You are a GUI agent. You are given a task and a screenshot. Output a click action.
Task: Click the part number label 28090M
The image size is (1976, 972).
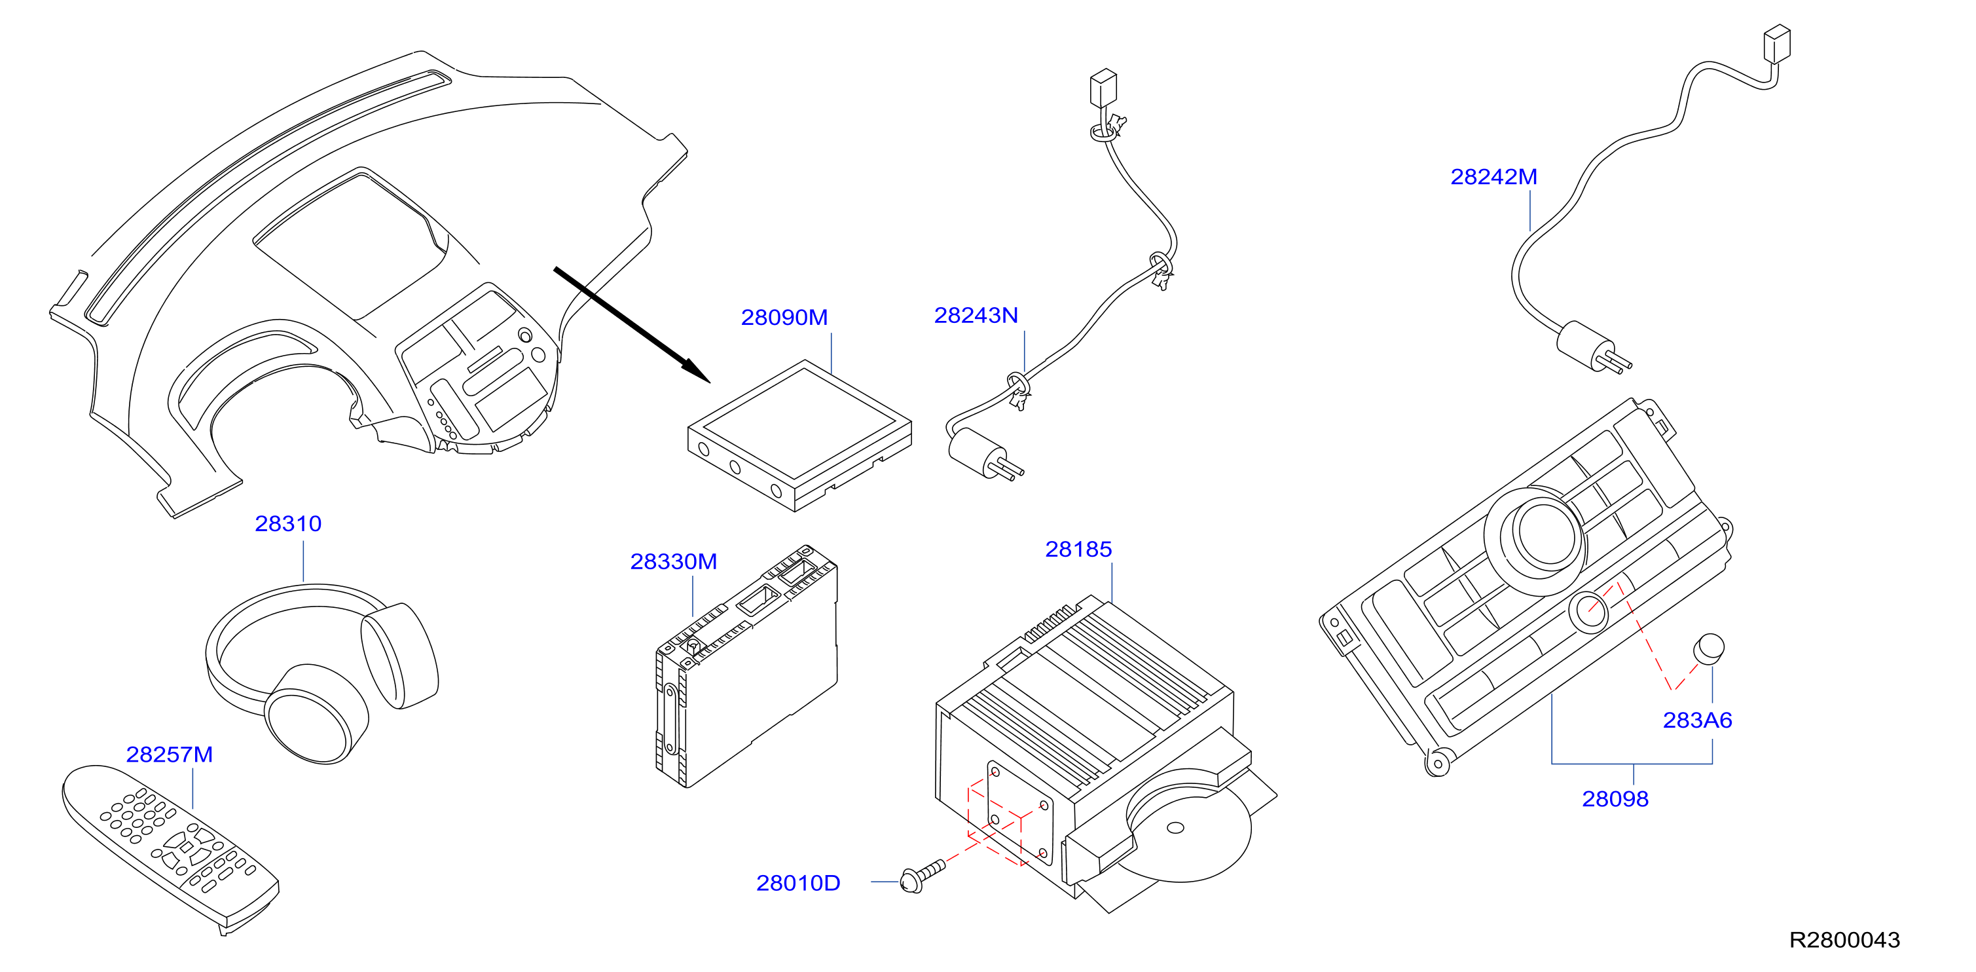point(784,318)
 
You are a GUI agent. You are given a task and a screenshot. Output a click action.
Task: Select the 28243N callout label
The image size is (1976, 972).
point(976,315)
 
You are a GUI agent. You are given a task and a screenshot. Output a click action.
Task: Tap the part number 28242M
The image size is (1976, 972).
point(1493,178)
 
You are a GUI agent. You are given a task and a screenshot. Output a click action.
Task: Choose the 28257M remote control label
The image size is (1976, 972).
point(170,755)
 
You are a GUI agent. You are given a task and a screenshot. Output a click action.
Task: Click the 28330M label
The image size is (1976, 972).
point(674,561)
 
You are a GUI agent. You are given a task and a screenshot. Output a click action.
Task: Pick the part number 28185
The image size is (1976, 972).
point(1078,550)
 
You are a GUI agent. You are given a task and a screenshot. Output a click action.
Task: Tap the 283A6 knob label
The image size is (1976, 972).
point(1698,720)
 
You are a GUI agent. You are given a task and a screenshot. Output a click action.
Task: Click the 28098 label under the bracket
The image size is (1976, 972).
point(1615,799)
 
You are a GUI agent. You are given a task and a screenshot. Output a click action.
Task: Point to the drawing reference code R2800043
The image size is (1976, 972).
point(1845,941)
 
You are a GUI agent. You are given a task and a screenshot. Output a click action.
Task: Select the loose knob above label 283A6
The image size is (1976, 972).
point(1709,648)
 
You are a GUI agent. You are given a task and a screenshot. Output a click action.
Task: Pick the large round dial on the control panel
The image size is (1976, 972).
point(1537,536)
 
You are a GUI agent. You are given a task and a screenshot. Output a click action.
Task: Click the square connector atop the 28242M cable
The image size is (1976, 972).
point(1776,44)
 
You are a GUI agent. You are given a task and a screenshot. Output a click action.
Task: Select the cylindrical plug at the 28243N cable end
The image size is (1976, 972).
point(978,452)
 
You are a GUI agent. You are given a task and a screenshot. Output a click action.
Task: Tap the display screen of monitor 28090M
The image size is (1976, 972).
point(800,424)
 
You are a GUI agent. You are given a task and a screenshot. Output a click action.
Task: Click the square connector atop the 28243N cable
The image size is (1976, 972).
point(1103,88)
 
